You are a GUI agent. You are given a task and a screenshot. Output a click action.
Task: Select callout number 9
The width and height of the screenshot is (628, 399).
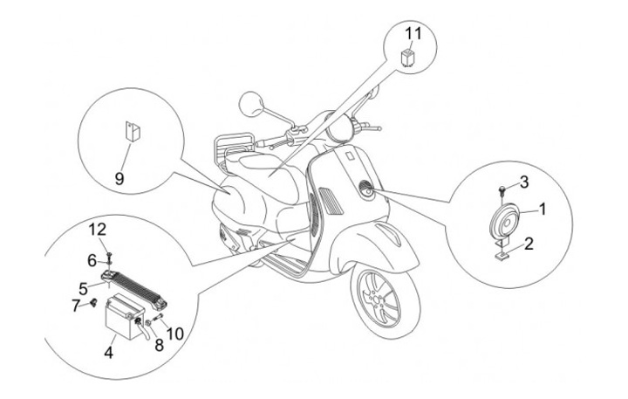119,177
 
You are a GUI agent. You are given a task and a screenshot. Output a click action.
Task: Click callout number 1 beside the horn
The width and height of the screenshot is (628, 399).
542,209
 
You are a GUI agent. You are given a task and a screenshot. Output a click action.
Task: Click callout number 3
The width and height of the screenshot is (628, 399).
523,182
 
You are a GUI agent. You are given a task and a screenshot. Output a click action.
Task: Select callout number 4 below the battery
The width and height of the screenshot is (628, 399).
108,354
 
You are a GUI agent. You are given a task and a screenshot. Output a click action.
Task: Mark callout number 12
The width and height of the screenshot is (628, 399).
99,230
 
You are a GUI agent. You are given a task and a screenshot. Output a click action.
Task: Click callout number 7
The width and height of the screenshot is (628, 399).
76,305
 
